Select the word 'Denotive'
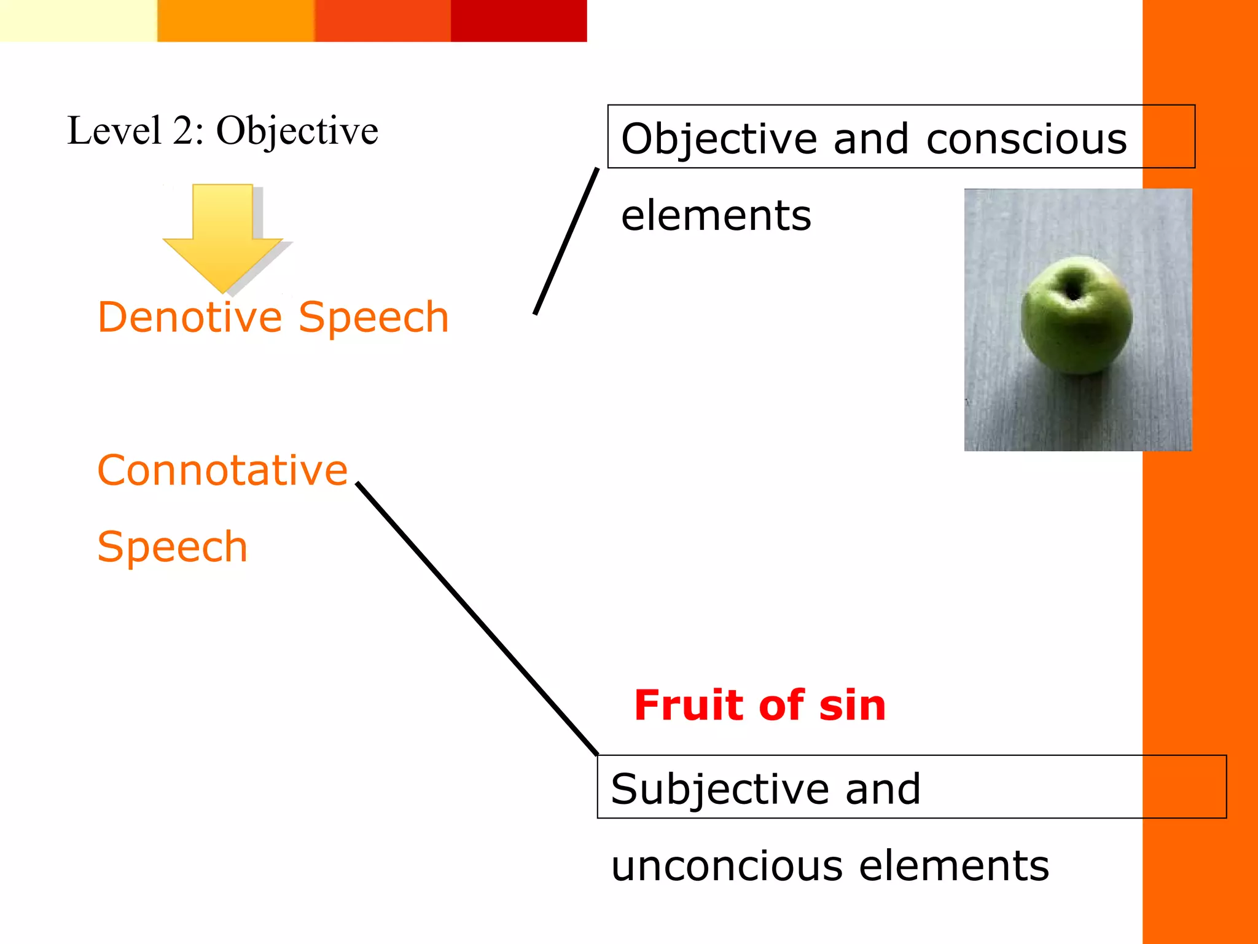[190, 318]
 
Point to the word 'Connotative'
[222, 470]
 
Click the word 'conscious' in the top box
[1026, 139]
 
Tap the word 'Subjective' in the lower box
[720, 789]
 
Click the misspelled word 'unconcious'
[727, 866]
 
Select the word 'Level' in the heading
[114, 131]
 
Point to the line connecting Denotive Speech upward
[566, 241]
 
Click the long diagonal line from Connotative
[477, 618]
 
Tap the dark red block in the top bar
[518, 21]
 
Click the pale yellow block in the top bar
[78, 21]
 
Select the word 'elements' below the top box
[716, 216]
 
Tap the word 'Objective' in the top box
[719, 139]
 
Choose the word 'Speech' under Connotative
[172, 547]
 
